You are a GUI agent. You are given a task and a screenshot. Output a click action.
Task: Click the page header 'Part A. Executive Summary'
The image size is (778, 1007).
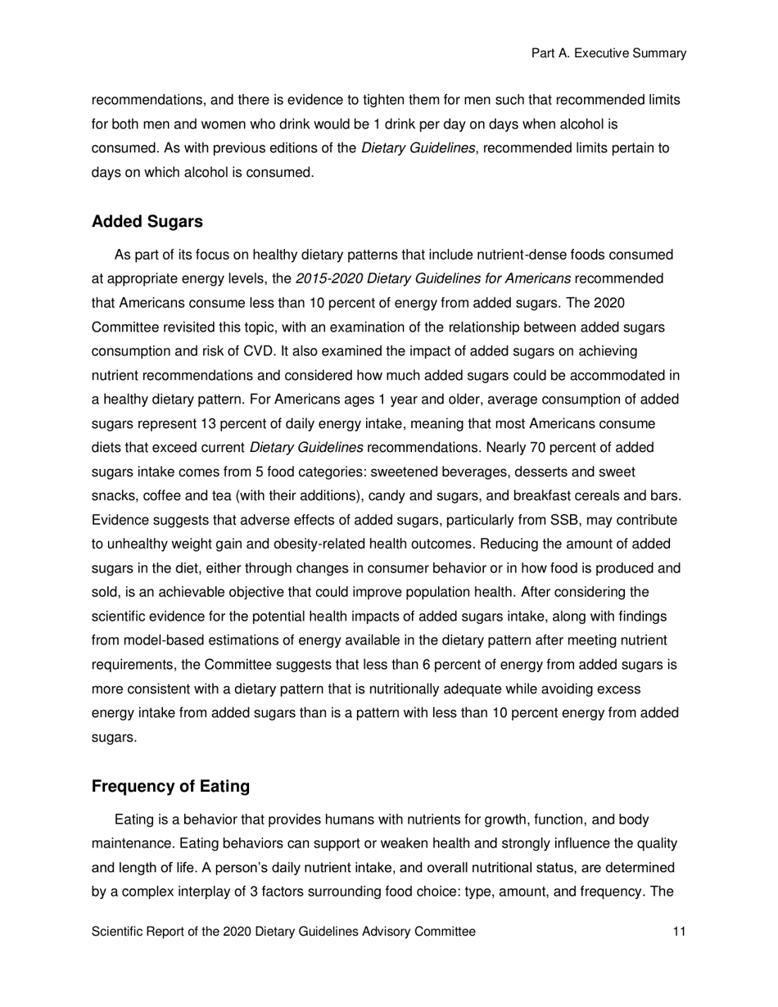608,53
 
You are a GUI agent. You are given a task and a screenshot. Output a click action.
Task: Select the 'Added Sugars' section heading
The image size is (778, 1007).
147,222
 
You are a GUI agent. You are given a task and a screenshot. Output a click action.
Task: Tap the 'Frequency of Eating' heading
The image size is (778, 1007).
170,787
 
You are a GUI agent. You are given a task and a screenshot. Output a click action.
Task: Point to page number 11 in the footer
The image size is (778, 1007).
679,932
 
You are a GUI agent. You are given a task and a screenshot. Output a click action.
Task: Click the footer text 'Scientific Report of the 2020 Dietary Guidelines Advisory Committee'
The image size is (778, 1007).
283,932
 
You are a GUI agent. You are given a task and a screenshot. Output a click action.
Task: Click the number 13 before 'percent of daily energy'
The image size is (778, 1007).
208,424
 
